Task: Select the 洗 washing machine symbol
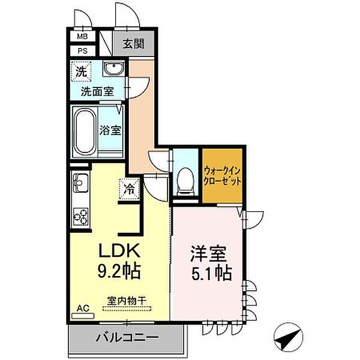pyautogui.click(x=80, y=71)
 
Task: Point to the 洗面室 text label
pyautogui.click(x=97, y=92)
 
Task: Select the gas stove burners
pyautogui.click(x=80, y=214)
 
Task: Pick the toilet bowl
pyautogui.click(x=185, y=181)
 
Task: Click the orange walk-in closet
pyautogui.click(x=223, y=175)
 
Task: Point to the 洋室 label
pyautogui.click(x=208, y=254)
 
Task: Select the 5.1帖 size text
pyautogui.click(x=208, y=274)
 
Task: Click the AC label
pyautogui.click(x=83, y=308)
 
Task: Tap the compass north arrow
pyautogui.click(x=286, y=337)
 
